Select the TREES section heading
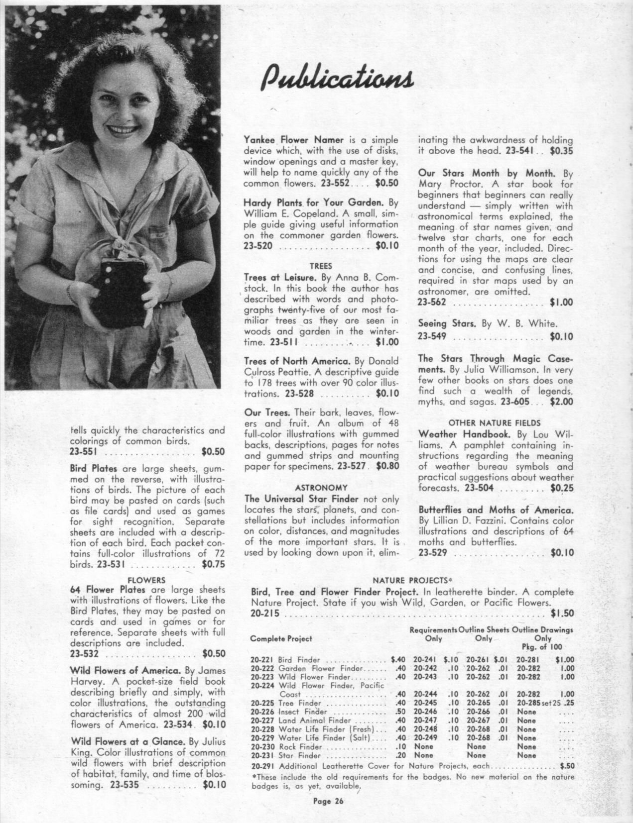[321, 266]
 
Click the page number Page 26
[328, 801]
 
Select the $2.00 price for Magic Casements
[561, 402]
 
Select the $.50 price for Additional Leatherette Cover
[567, 766]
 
